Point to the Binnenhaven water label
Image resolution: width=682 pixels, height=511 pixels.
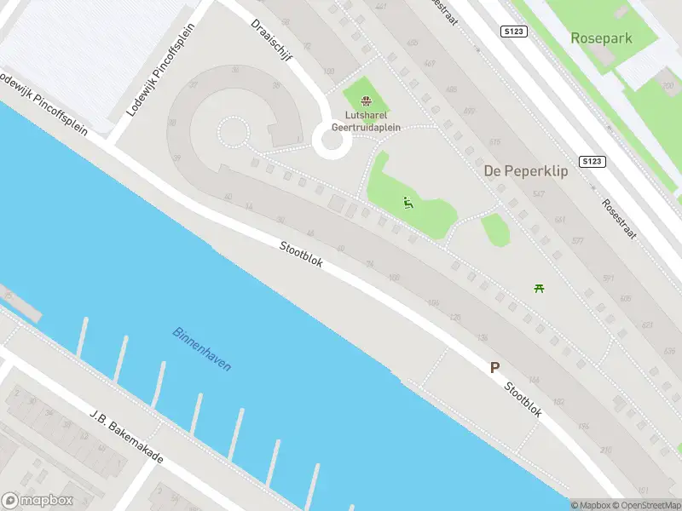coord(202,348)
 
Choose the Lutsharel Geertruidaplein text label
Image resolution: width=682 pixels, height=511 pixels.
coord(373,121)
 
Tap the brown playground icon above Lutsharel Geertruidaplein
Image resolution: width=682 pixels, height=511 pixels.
coord(367,100)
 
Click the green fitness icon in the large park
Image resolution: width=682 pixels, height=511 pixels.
coord(408,202)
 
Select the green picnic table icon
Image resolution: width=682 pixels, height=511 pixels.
coord(539,288)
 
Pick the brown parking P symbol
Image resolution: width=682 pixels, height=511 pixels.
coord(494,368)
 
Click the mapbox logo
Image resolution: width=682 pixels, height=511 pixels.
coord(38,501)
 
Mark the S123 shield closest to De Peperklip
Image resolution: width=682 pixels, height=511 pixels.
coord(592,161)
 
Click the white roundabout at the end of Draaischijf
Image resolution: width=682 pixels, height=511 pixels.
coord(332,141)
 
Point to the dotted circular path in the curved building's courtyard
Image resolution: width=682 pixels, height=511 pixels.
coord(232,133)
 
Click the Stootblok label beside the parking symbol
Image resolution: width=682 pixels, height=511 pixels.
coord(523,399)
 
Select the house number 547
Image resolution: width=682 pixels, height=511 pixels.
coord(538,195)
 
